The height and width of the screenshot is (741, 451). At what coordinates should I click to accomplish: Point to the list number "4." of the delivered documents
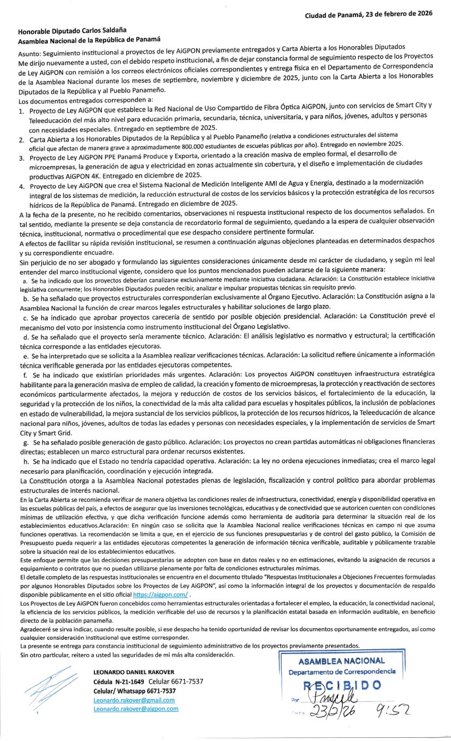[x=21, y=187]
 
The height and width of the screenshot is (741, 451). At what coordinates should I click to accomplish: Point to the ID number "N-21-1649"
[x=129, y=682]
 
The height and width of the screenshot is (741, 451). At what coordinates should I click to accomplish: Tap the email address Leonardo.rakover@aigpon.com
[x=136, y=709]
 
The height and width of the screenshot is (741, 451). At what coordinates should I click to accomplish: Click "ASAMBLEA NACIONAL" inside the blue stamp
[x=342, y=661]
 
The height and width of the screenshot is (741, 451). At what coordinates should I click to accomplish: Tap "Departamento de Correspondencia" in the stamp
[x=342, y=672]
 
